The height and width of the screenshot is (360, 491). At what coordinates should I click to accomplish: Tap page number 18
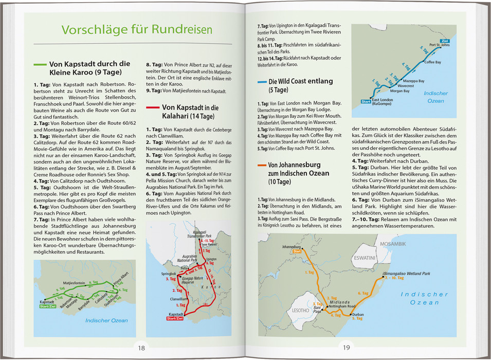[140, 348]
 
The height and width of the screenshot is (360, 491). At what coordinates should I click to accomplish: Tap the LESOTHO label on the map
[300, 311]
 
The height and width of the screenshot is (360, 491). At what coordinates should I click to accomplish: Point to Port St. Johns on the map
[439, 45]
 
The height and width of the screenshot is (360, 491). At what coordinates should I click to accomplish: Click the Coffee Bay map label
[433, 62]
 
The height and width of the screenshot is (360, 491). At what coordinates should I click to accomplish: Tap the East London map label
[382, 99]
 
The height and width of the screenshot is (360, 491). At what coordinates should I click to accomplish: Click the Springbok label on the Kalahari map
[169, 274]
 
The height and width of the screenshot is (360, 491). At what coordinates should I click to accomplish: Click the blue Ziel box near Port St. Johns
[444, 40]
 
